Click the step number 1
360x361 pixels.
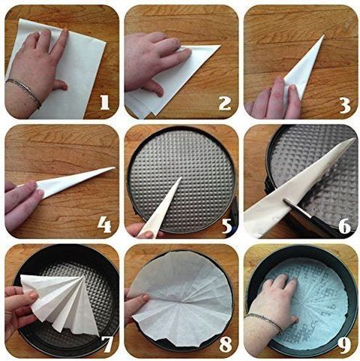coord(105,102)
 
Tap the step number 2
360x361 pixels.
coord(224,103)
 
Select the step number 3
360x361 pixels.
coord(345,104)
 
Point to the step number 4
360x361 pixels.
coord(104,224)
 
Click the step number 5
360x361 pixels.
coord(227,226)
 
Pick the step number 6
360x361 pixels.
coord(345,227)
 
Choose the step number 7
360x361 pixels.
coord(107,344)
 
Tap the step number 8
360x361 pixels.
coord(226,344)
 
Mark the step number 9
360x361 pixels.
coord(345,344)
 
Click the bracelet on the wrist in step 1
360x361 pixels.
coord(24,92)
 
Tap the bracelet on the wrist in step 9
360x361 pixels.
coord(265,322)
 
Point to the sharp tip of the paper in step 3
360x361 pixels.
coord(324,35)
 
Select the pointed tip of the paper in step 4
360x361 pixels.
coord(115,167)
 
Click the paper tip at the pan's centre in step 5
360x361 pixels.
coord(181,177)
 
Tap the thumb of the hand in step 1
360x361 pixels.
coord(59,85)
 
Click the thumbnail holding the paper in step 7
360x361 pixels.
coord(34,296)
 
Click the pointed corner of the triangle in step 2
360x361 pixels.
coord(220,46)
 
